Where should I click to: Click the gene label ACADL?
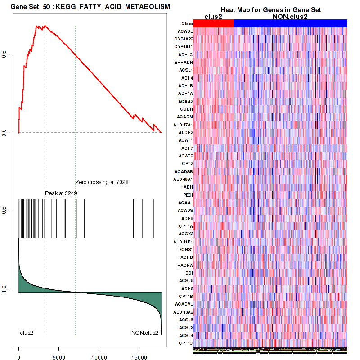pyautogui.click(x=186, y=31)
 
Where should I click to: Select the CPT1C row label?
pyautogui.click(x=186, y=343)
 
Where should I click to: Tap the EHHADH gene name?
pyautogui.click(x=184, y=63)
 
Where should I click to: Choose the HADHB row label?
pyautogui.click(x=185, y=257)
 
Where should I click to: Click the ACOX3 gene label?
pyautogui.click(x=185, y=234)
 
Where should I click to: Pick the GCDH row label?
pyautogui.click(x=186, y=109)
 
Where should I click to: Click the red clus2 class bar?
pyautogui.click(x=213, y=23)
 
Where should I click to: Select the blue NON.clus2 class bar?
pyautogui.click(x=290, y=23)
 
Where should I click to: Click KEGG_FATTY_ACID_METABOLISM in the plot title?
pyautogui.click(x=113, y=7)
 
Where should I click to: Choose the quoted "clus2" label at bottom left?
pyautogui.click(x=27, y=333)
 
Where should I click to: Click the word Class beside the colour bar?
pyautogui.click(x=187, y=23)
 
